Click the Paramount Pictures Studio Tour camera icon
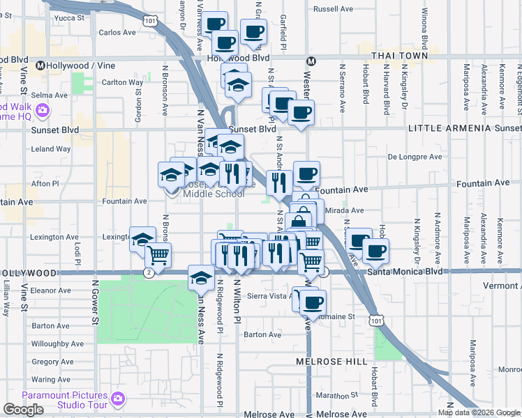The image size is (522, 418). point(118,398)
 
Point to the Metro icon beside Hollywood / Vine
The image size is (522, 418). point(40,65)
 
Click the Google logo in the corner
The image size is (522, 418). point(23,410)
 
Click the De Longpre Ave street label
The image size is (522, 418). point(415,157)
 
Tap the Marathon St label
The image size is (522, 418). point(336,394)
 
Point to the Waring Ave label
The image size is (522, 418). point(51,380)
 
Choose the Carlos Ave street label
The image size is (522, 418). point(117,32)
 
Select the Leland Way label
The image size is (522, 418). point(51,149)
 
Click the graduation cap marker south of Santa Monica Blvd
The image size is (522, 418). point(201,278)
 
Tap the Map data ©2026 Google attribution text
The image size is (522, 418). point(479,412)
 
